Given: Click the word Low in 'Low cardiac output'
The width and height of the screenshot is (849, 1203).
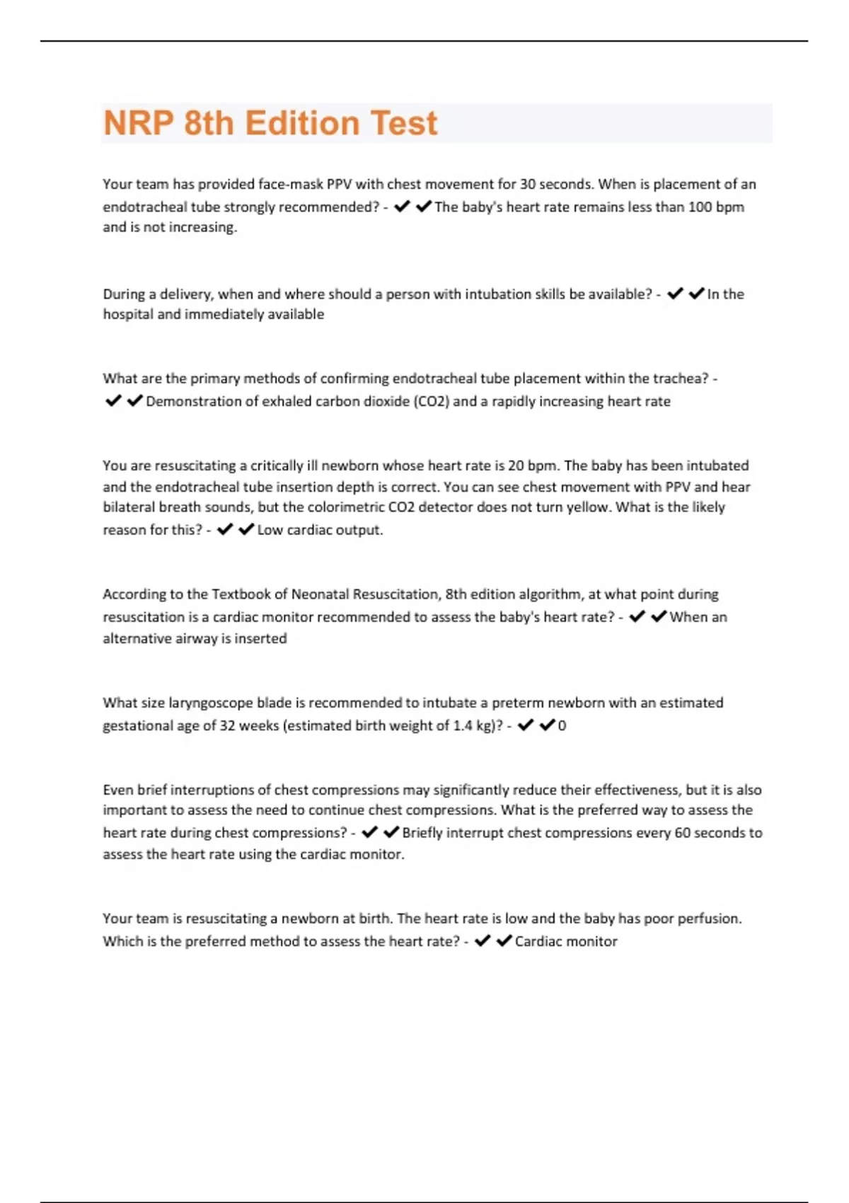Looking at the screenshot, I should coord(270,530).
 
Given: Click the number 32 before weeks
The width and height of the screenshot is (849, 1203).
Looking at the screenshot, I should coord(227,726).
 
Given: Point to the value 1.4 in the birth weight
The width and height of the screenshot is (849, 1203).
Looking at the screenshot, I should coord(463,726).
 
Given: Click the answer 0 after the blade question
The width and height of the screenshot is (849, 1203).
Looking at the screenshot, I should coord(562,726).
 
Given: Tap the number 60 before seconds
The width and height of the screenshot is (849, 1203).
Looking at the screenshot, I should coord(682,833).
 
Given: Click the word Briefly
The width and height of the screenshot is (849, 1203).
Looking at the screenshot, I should coord(422,833).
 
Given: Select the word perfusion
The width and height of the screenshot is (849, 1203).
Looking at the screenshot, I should coord(710,919).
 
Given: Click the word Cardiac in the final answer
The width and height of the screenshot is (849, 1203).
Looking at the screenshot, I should coord(538,942).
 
